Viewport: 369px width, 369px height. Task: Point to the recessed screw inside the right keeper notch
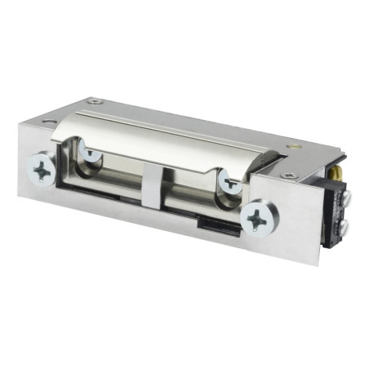click(231, 183)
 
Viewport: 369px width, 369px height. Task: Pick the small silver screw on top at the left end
click(97, 101)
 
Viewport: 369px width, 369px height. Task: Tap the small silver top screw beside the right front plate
click(287, 175)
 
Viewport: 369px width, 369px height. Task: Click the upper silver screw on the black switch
click(343, 196)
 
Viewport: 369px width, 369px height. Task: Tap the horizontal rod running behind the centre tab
click(184, 192)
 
